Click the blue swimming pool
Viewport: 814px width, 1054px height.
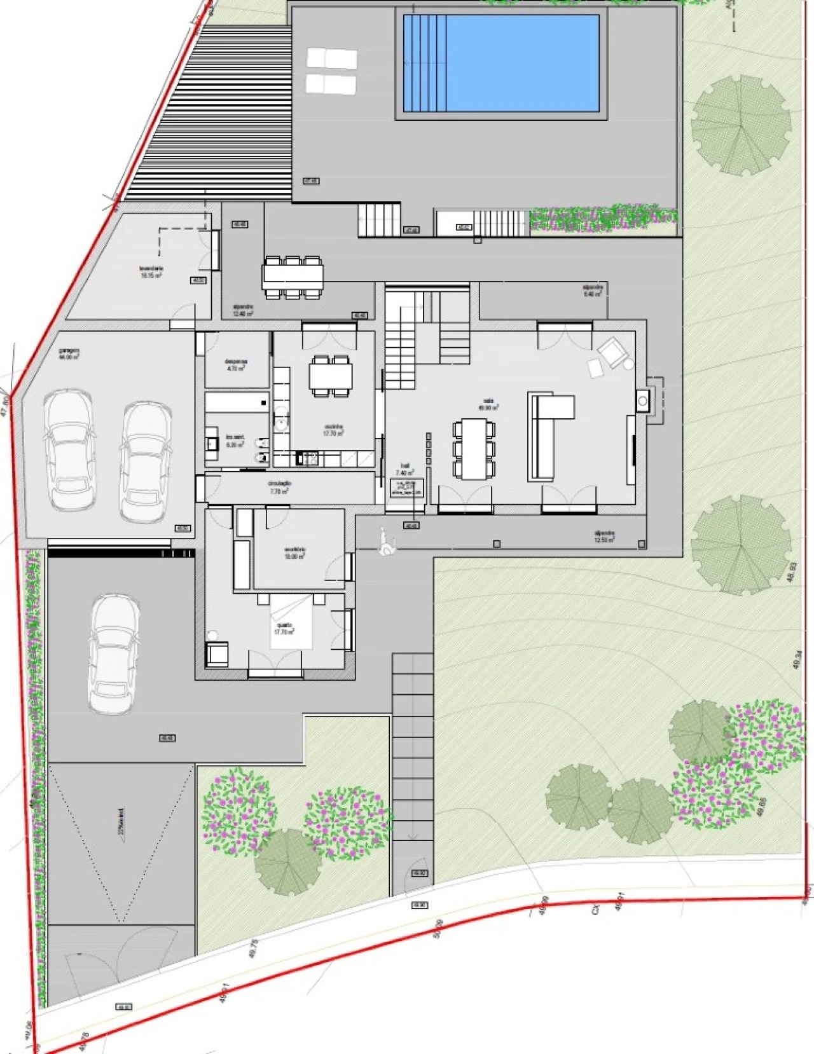click(x=501, y=62)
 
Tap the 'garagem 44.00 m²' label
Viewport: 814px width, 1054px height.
click(x=69, y=353)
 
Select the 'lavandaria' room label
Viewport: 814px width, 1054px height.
click(x=151, y=272)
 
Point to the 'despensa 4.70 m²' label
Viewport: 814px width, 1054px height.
click(x=235, y=364)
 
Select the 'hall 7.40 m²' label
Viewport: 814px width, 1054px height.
click(x=405, y=469)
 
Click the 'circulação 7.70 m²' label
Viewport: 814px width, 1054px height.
click(x=280, y=488)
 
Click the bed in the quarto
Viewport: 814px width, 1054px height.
click(x=292, y=622)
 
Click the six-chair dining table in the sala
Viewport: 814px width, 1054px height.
click(x=474, y=448)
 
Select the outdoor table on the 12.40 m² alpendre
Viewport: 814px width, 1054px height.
click(x=293, y=277)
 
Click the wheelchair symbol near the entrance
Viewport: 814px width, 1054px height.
click(x=386, y=542)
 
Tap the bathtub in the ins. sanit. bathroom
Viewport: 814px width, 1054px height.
click(x=237, y=402)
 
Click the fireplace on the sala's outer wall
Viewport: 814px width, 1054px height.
click(x=648, y=400)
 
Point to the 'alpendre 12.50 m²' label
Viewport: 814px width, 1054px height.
click(x=604, y=537)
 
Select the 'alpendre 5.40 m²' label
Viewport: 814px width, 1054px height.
click(x=592, y=291)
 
